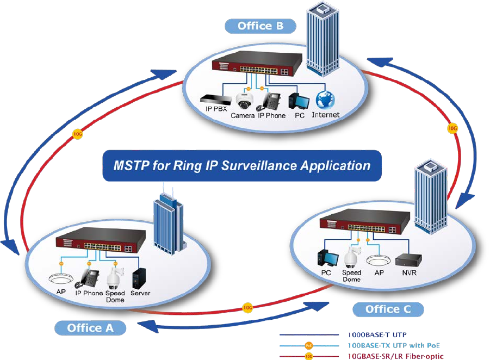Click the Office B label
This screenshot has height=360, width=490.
point(260,26)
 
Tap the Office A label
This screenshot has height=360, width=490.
point(90,327)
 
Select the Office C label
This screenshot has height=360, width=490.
point(388,309)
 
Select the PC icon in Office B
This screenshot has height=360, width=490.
point(298,101)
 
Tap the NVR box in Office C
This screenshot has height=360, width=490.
point(406,257)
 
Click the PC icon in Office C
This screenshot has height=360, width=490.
point(326,258)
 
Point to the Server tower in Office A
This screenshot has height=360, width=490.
point(140,278)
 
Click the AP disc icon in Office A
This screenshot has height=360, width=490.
point(61,279)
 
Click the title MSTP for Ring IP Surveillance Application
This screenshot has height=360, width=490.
point(241,165)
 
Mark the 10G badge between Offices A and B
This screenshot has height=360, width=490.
point(77,133)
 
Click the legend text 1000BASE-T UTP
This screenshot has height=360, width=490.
point(377,334)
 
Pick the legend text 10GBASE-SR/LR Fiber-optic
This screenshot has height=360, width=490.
point(395,356)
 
